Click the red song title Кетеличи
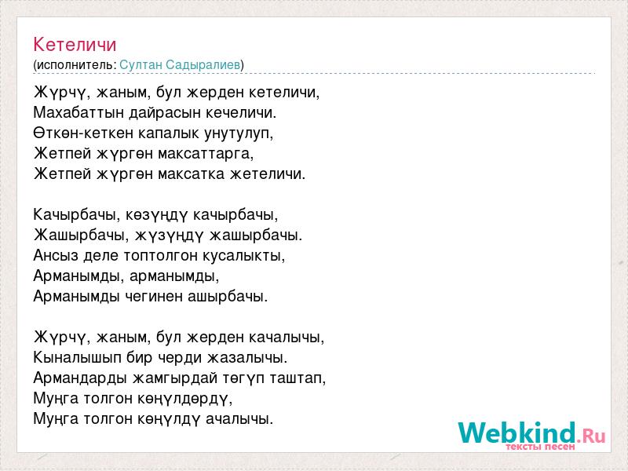click(75, 45)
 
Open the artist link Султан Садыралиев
click(180, 65)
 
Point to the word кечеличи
click(241, 112)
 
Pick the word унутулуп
click(239, 133)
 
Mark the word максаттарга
click(206, 154)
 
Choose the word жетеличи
click(268, 173)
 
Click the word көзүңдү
click(156, 215)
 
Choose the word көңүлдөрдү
click(185, 399)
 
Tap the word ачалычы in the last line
click(239, 419)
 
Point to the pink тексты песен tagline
click(540, 447)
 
